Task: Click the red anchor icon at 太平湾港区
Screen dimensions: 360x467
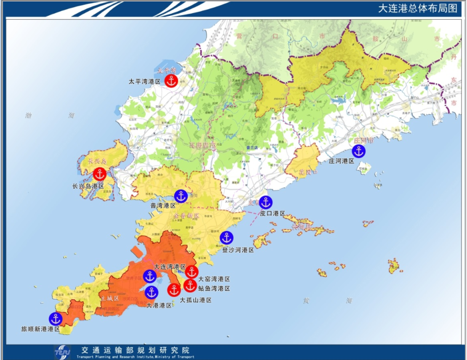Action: tap(172, 81)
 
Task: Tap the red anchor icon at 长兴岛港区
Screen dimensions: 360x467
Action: tap(100, 174)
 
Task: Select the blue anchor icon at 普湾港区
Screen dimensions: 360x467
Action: tap(181, 196)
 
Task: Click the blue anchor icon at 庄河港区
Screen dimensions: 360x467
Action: tap(358, 151)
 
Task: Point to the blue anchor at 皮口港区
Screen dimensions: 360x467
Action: tap(265, 202)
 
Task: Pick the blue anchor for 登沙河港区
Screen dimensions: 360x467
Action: tap(227, 238)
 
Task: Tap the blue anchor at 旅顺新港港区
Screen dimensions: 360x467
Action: tap(55, 318)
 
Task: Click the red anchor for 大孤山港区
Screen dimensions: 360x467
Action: tap(174, 290)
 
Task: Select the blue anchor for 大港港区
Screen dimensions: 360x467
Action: tap(151, 292)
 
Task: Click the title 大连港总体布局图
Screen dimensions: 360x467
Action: tap(417, 9)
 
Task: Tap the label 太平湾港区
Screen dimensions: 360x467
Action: tap(144, 81)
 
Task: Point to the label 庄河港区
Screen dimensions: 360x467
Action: tap(341, 161)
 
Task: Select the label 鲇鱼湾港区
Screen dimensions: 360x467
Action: tap(214, 288)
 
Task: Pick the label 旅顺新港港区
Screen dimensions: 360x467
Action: tap(40, 329)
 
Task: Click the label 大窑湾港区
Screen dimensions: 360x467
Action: tap(214, 279)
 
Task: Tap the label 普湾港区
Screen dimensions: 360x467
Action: tap(163, 206)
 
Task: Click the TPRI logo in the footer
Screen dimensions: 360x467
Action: tap(63, 352)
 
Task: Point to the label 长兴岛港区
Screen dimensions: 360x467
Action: tap(88, 186)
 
